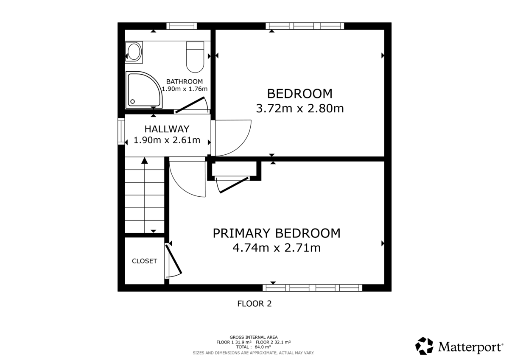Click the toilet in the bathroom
(195, 57)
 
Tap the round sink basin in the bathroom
(134, 52)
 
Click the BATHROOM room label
(184, 81)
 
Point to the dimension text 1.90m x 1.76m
(185, 89)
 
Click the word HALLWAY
(167, 129)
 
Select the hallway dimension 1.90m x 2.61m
(167, 140)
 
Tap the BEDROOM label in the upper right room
(299, 93)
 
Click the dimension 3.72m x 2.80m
(299, 109)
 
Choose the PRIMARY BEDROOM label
(276, 233)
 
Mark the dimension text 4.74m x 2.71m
(276, 248)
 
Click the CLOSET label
(144, 261)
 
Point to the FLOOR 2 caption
(254, 304)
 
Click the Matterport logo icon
(424, 346)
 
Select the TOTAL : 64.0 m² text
(254, 346)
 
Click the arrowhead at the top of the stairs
(145, 161)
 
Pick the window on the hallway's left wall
(121, 132)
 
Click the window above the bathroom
(182, 26)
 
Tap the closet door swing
(173, 261)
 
